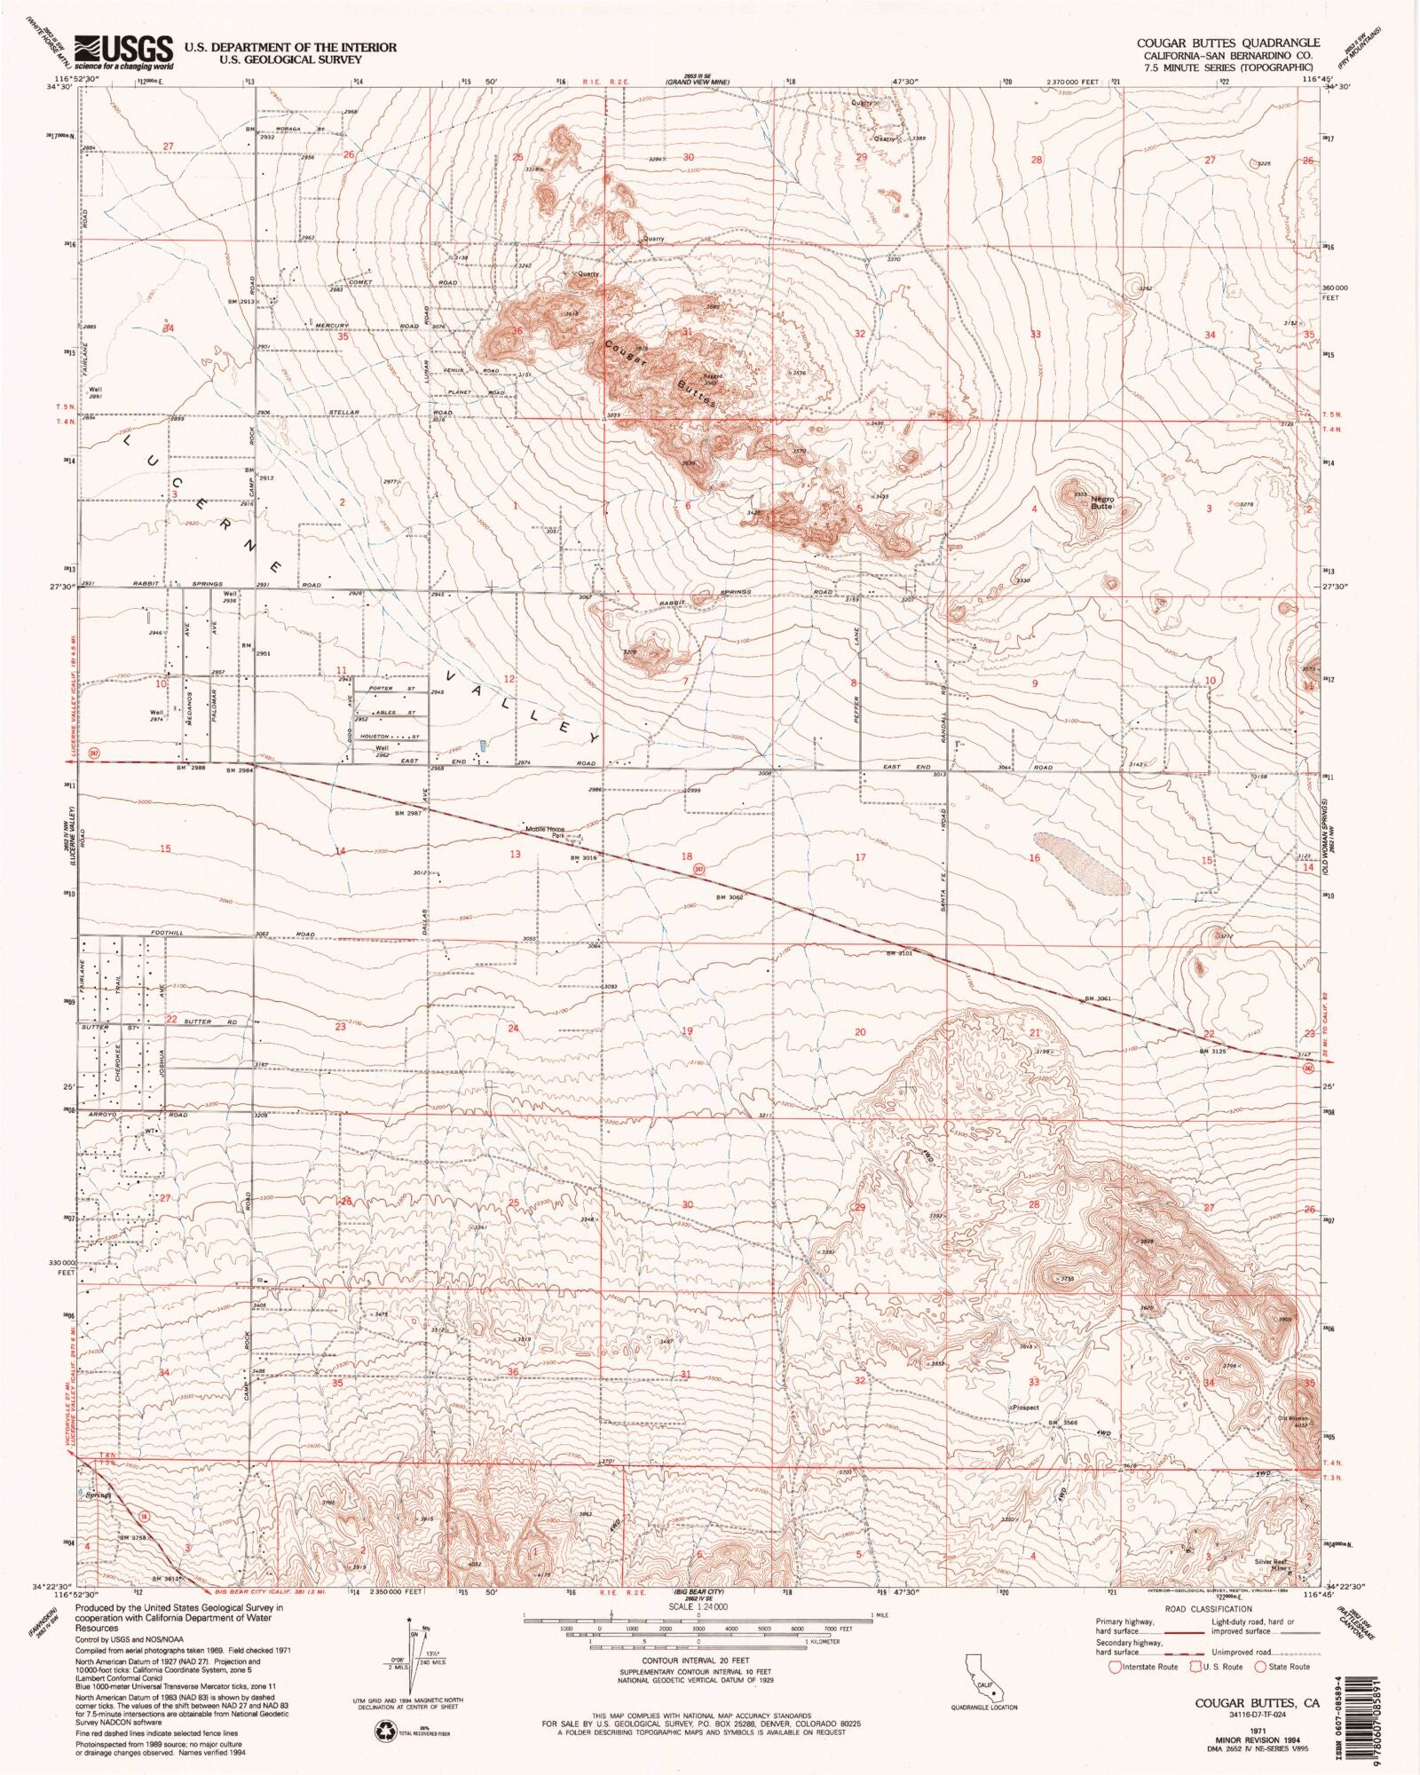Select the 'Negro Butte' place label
click(1101, 501)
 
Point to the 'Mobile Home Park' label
click(545, 832)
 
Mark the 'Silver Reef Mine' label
click(1270, 1565)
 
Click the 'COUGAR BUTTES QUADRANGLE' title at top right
click(1228, 43)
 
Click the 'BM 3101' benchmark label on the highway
click(899, 953)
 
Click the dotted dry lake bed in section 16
click(1081, 863)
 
